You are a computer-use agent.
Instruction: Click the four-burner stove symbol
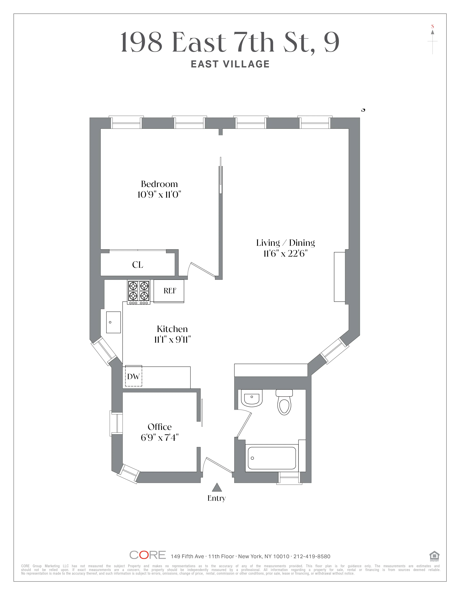pos(138,292)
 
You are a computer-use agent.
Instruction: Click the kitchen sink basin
pos(113,322)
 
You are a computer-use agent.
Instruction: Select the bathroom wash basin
pos(251,398)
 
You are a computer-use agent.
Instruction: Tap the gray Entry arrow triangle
pos(217,487)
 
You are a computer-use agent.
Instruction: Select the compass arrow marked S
pos(432,41)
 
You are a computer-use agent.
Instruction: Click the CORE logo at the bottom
pos(147,555)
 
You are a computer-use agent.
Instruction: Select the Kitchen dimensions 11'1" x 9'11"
pos(172,340)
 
